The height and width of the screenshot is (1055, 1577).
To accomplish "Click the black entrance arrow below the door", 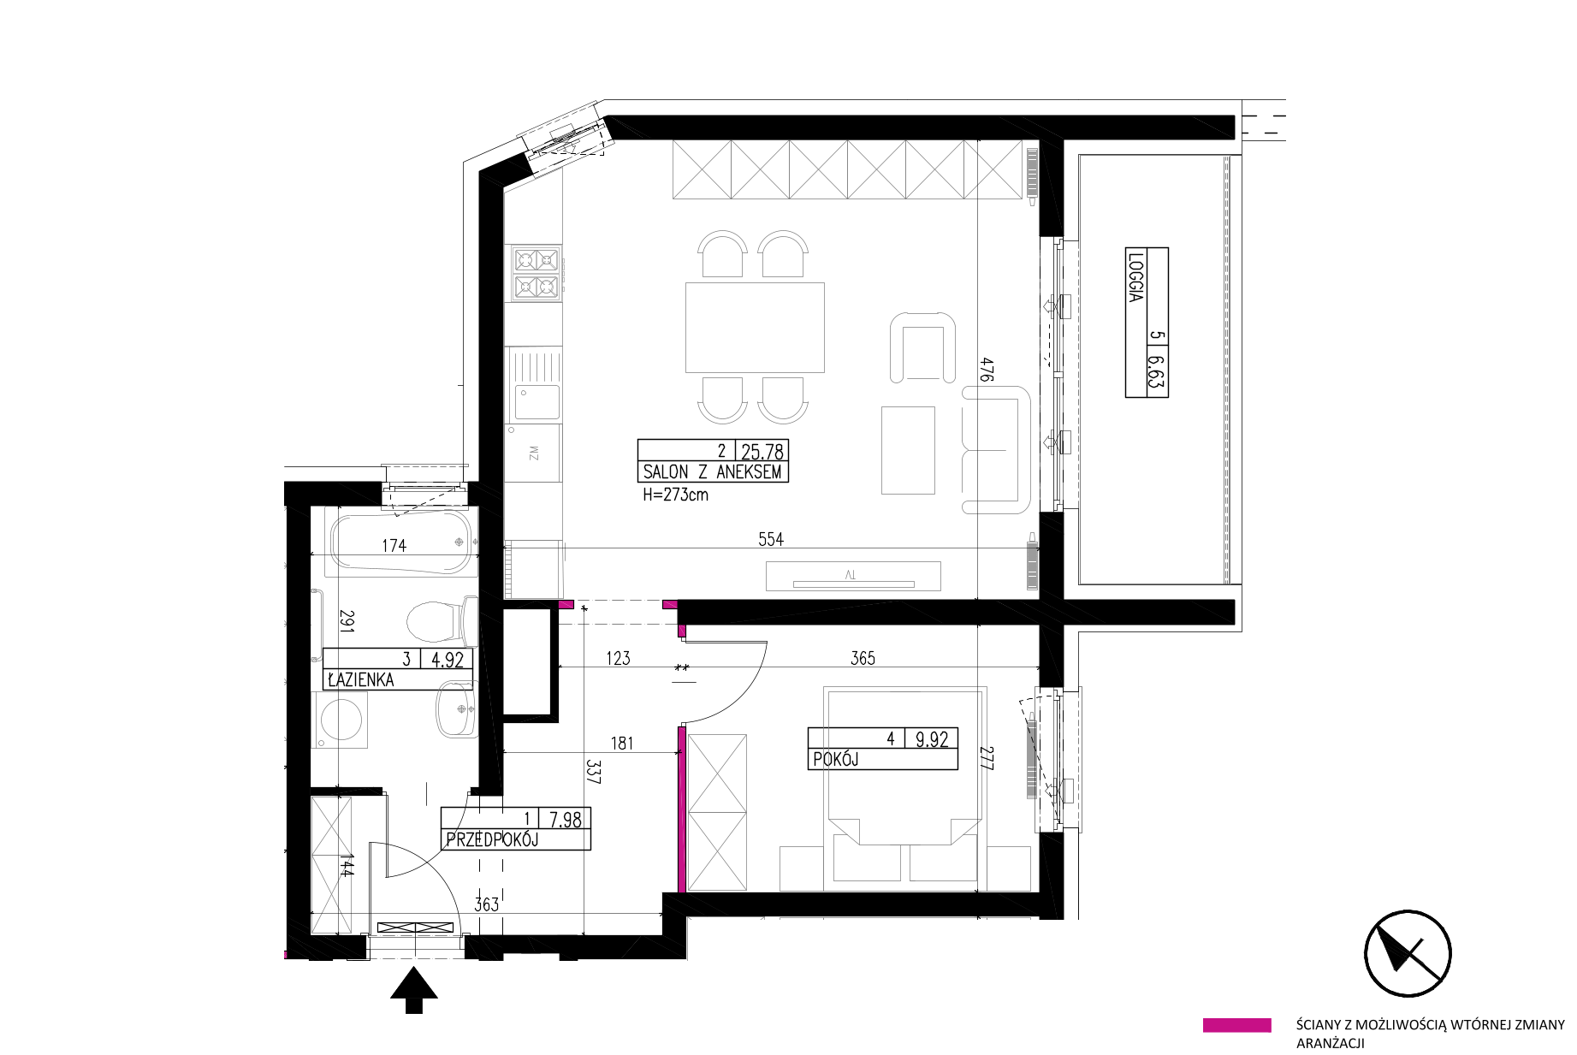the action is pos(414,990).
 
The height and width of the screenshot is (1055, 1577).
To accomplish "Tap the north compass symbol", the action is pos(1408,953).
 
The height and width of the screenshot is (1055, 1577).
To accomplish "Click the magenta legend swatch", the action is pos(1236,1025).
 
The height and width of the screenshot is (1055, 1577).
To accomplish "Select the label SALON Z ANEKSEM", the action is pos(712,471).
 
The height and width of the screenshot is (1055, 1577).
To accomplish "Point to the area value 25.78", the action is pos(763,451).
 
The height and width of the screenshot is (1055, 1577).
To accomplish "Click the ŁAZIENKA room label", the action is pos(360,681).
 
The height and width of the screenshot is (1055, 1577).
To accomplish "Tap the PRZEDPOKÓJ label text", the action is pos(491,840).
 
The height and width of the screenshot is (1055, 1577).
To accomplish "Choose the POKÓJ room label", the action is pos(835,759).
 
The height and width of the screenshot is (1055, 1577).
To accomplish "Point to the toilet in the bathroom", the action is pos(439,620).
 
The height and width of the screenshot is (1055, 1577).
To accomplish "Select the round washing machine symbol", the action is pos(341,716).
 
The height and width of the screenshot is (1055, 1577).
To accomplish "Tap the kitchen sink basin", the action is pos(536,403).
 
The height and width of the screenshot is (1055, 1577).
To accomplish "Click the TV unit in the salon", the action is pos(853,575).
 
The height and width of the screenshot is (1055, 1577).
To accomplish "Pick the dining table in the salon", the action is pos(755,328).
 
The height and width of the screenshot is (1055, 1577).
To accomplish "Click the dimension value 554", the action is pos(771,539).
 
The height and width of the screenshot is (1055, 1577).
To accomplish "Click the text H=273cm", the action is pos(676,495).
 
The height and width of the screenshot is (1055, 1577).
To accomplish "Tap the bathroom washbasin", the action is pos(453,708).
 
